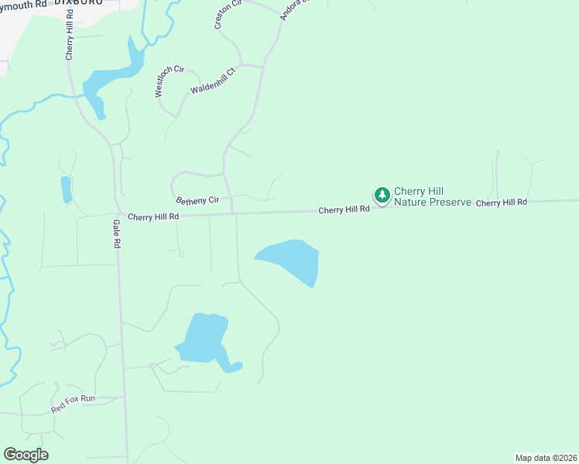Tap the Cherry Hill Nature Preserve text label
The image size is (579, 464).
[432, 197]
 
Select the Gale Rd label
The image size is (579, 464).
[117, 233]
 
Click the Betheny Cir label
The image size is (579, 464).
[198, 200]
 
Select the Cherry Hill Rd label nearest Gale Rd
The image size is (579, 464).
[153, 217]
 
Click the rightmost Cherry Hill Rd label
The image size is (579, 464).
[501, 203]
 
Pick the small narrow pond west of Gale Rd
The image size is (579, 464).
[66, 189]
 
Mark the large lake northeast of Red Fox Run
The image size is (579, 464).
[204, 338]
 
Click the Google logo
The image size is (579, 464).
[26, 455]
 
